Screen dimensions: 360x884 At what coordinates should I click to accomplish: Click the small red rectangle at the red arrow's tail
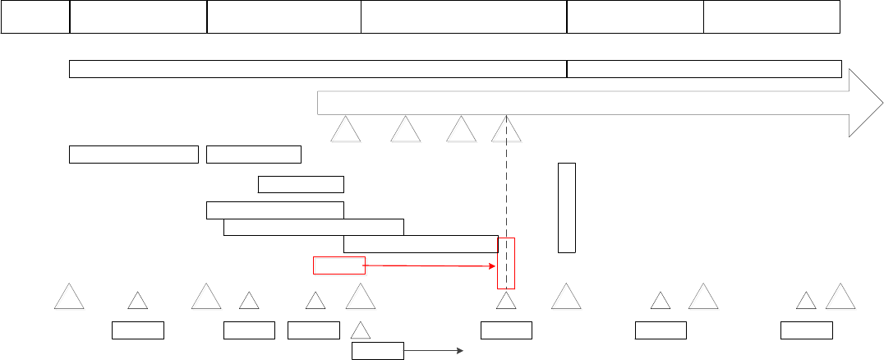point(338,265)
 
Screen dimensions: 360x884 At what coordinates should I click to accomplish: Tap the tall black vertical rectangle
point(567,208)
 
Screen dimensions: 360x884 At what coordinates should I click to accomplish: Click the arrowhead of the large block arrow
point(863,103)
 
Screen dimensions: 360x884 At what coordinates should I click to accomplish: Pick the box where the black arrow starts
point(378,351)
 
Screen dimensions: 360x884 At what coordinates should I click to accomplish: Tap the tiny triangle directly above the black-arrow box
point(361,330)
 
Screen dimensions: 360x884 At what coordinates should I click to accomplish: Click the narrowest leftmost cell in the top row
point(35,17)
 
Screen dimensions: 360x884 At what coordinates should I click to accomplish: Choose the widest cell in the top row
point(464,17)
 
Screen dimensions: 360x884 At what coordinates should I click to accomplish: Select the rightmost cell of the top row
point(772,17)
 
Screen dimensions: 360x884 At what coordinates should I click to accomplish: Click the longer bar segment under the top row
point(318,69)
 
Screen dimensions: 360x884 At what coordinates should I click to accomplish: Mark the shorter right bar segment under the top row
point(705,69)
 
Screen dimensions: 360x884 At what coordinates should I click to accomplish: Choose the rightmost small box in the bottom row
point(807,330)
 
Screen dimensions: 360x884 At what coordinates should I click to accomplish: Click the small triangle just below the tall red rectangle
point(507,302)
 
